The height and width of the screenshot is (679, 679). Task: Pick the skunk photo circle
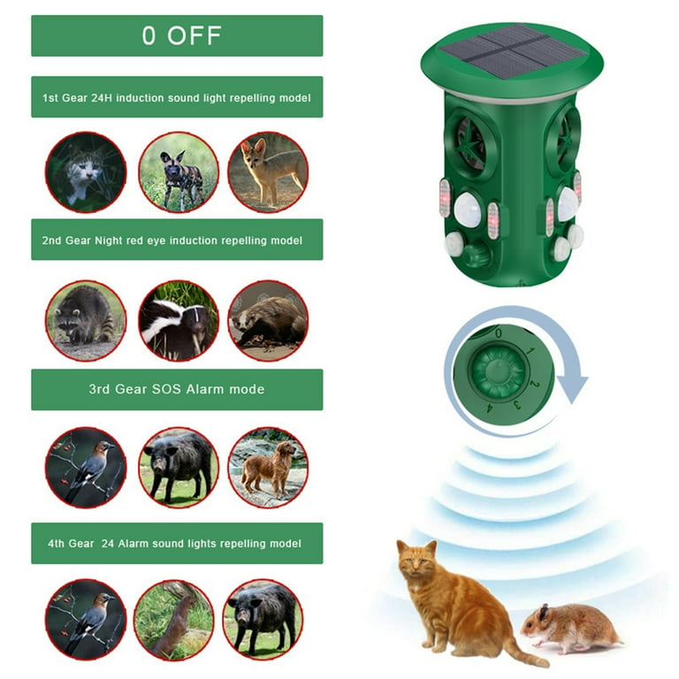pos(178,320)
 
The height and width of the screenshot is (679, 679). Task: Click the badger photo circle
pos(268,320)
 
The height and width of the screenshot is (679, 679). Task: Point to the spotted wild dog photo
pos(178,172)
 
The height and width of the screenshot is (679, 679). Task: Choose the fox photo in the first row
pos(268,172)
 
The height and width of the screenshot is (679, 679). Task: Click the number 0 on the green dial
pos(499,333)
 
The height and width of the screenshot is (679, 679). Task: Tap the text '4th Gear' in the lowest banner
pos(72,544)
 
